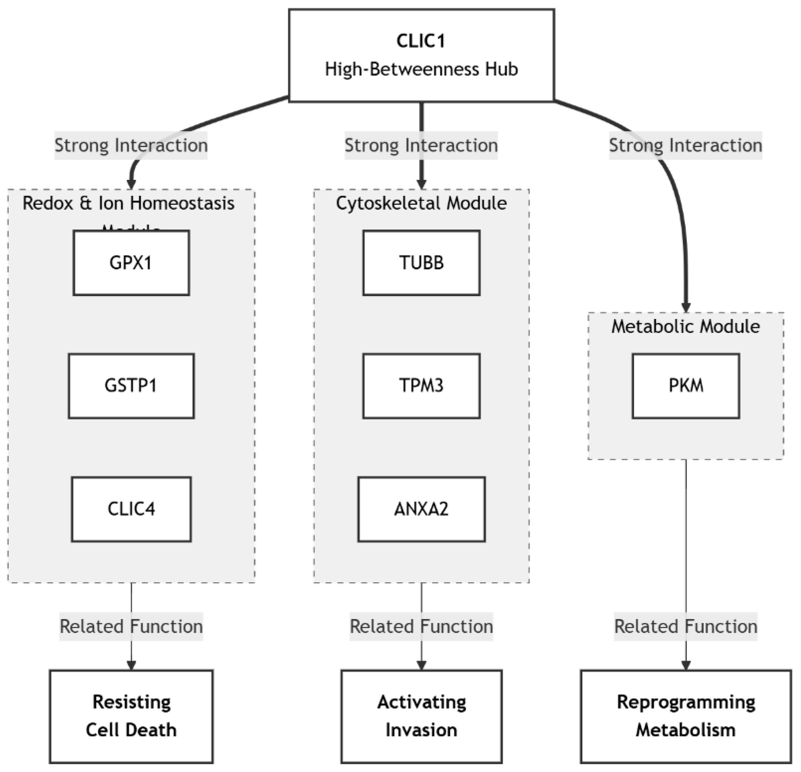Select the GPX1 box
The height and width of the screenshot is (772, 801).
131,263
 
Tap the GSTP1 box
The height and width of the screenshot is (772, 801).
131,386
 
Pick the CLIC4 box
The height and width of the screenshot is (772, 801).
131,509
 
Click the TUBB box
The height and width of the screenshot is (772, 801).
421,263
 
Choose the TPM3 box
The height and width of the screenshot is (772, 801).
421,386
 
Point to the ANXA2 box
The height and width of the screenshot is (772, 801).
421,509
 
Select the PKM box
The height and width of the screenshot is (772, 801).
686,386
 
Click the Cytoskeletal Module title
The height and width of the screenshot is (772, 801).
421,203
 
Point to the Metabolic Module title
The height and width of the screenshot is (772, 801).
686,326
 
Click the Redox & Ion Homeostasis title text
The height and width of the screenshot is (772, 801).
129,203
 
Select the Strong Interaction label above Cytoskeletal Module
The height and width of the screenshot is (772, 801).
421,145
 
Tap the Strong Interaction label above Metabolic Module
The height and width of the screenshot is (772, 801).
686,145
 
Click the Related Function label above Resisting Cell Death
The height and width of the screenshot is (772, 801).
131,626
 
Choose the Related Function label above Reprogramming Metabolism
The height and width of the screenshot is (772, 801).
686,626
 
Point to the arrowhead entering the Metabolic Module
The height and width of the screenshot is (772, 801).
686,307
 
